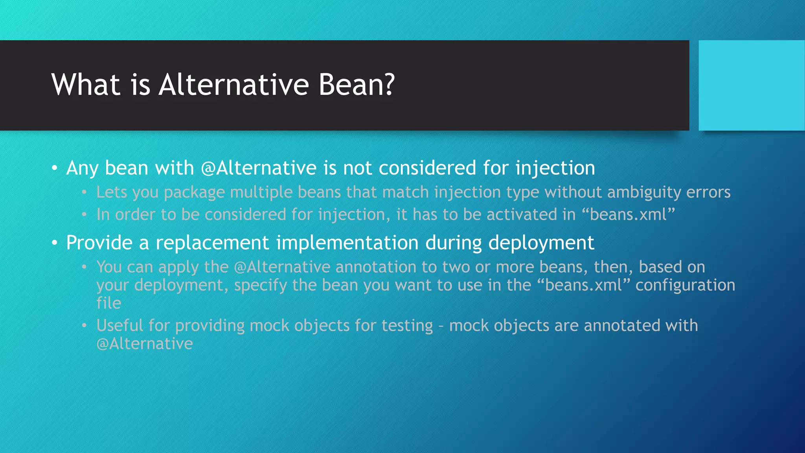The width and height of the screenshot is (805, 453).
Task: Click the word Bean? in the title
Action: click(x=356, y=85)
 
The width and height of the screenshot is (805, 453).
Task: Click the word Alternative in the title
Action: click(x=234, y=85)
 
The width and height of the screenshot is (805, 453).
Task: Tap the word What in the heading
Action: click(x=86, y=85)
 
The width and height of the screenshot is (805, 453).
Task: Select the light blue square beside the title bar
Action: click(x=751, y=85)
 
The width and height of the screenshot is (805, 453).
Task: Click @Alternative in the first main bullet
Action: click(x=259, y=168)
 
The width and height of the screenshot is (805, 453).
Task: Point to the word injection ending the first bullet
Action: click(x=555, y=168)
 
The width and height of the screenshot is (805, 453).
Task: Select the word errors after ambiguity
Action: click(x=708, y=192)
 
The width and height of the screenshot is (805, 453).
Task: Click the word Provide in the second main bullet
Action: click(x=99, y=243)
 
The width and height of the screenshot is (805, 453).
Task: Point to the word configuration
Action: click(x=685, y=285)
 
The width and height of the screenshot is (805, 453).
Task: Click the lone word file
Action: click(x=109, y=303)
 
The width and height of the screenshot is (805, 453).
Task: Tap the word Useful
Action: click(x=120, y=326)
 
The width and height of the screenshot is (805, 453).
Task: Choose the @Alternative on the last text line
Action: click(x=145, y=344)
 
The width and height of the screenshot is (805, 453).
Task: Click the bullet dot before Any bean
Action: click(x=55, y=168)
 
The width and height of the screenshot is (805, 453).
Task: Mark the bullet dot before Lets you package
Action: click(x=84, y=193)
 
